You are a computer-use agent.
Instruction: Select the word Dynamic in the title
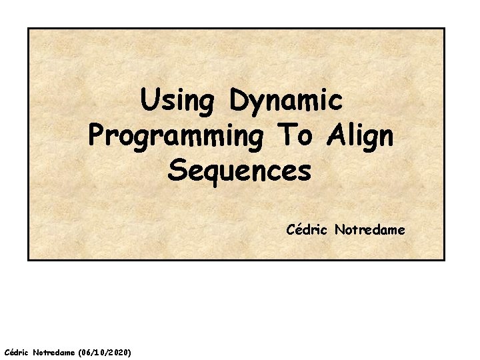tap(286, 102)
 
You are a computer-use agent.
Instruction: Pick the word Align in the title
tap(360, 137)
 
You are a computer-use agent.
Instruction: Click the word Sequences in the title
tap(240, 171)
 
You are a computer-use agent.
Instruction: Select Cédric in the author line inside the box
tap(308, 230)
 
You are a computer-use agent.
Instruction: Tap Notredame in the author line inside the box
tap(369, 230)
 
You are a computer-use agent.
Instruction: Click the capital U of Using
tap(150, 101)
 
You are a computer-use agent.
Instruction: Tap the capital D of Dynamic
tap(238, 101)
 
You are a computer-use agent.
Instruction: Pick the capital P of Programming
tap(96, 136)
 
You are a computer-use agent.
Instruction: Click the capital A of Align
tap(335, 135)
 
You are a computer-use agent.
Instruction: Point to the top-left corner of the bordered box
tap(28, 28)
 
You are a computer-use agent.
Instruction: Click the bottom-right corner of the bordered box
tap(444, 259)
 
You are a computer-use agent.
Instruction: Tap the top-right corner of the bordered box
tap(444, 28)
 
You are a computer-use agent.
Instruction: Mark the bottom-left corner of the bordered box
tap(28, 259)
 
